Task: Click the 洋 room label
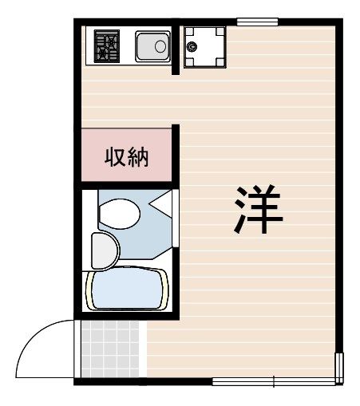click(258, 210)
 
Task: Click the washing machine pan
click(204, 45)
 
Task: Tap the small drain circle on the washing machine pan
click(192, 46)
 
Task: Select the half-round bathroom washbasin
click(103, 250)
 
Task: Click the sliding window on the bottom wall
click(275, 381)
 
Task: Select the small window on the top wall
click(257, 21)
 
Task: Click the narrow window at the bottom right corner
click(341, 368)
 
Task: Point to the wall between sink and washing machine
click(178, 48)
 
